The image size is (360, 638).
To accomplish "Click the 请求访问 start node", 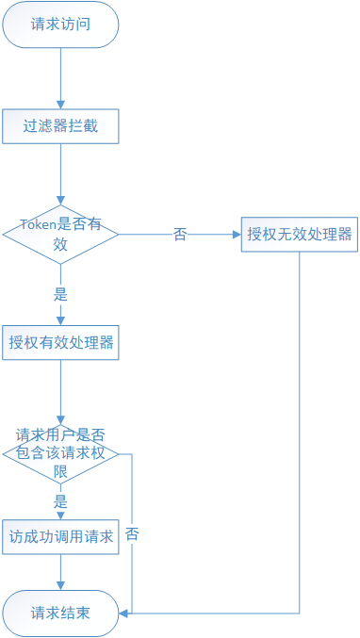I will [60, 25].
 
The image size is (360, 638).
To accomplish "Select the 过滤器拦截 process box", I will [60, 125].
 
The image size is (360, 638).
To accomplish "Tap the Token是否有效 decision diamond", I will [60, 234].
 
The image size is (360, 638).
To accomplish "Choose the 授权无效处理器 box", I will [300, 234].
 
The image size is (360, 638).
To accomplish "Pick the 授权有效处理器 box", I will [60, 342].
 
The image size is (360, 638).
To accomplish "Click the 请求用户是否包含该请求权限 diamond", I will [60, 453].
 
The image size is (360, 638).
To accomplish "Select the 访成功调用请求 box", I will [60, 537].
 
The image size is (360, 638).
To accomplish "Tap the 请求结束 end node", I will [60, 613].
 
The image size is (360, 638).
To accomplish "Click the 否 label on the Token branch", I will [180, 235].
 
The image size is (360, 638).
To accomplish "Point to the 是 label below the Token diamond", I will [60, 292].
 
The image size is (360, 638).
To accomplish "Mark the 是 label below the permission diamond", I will [60, 501].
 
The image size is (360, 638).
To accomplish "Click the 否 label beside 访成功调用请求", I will [133, 533].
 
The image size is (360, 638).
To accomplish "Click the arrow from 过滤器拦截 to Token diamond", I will [60, 173].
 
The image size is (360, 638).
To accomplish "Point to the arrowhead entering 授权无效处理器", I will [236, 234].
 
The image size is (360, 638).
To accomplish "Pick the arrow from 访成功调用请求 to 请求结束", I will [60, 572].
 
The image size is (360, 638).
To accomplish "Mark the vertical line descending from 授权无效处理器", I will [300, 424].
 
